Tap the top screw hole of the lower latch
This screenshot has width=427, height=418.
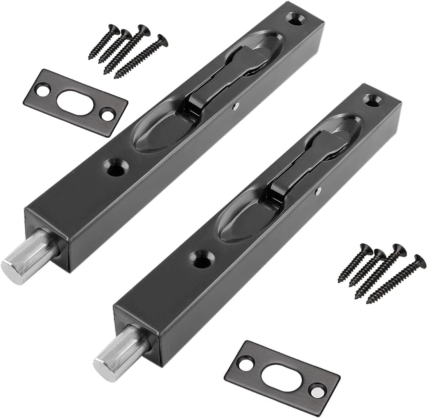[373, 102]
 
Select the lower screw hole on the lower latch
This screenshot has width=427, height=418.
[203, 258]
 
